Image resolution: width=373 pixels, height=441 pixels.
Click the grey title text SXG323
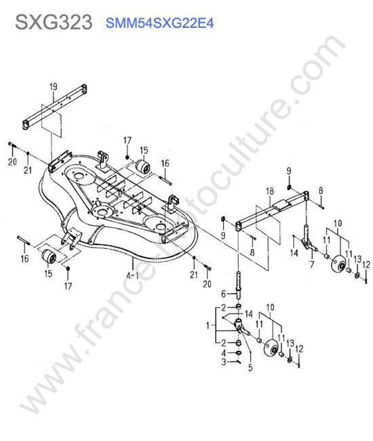(54, 22)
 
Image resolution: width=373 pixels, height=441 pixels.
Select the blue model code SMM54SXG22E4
(159, 23)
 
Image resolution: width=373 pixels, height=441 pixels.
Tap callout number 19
(54, 87)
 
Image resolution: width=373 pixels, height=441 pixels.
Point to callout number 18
(269, 191)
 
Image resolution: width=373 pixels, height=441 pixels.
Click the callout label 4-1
(133, 275)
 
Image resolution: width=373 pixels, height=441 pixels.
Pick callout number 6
(224, 294)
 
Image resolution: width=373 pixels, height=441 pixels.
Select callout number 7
(311, 264)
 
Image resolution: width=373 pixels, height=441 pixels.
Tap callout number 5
(250, 367)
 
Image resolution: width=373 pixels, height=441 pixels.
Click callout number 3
(224, 362)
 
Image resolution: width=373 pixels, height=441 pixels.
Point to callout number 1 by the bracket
(208, 326)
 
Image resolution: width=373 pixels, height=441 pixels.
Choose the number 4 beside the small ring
(224, 353)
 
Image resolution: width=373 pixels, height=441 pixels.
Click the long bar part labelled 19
(54, 107)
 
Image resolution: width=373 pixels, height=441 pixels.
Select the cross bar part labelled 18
(272, 210)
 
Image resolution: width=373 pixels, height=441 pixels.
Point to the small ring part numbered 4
(238, 353)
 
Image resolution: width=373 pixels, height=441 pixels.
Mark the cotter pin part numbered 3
(238, 362)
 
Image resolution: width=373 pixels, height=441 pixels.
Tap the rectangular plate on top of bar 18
(281, 204)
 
